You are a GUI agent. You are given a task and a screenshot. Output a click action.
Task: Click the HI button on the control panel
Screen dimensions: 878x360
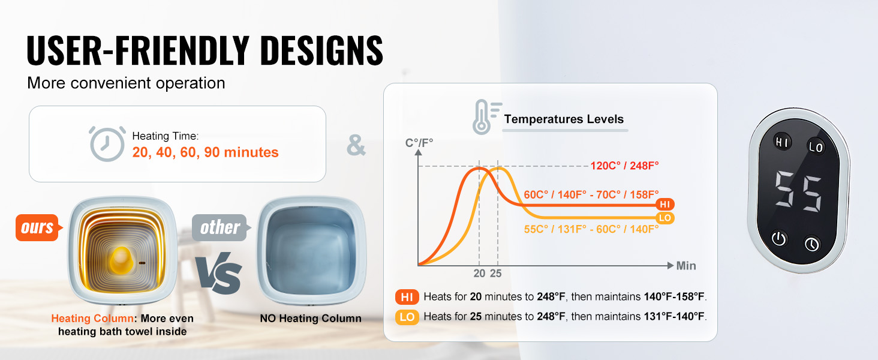(783, 142)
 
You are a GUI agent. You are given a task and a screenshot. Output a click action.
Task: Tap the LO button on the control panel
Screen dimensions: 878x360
(816, 147)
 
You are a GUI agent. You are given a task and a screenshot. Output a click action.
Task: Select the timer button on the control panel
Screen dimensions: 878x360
(812, 244)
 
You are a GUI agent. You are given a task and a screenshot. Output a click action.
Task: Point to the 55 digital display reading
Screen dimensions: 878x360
(798, 191)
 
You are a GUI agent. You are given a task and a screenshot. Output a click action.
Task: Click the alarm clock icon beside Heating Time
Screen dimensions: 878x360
(107, 143)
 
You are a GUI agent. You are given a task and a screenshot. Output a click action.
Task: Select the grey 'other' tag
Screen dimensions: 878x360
(221, 227)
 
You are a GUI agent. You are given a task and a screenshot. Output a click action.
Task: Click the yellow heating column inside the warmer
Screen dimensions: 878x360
(121, 260)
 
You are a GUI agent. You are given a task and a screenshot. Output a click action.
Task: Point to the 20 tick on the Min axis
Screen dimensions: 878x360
(479, 274)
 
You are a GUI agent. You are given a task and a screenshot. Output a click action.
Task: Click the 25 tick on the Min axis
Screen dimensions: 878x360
(496, 274)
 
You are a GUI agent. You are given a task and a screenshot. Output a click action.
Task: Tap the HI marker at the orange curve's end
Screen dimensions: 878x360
(664, 205)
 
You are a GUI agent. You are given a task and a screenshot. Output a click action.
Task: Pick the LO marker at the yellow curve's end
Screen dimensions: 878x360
(664, 218)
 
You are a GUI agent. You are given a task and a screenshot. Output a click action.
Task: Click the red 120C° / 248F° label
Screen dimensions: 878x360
(625, 166)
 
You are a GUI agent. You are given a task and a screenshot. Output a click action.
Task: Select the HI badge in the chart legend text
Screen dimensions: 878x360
(407, 297)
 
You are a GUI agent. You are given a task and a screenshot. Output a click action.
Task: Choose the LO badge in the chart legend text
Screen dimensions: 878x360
(407, 317)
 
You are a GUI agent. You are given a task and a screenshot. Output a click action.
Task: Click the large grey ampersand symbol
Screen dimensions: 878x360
(356, 145)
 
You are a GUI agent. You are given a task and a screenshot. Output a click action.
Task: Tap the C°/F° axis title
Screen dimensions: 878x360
(419, 143)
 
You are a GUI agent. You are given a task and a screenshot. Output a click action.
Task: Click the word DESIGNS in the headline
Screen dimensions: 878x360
(321, 50)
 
